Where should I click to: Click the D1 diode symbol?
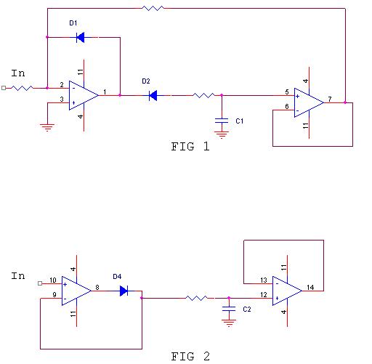[x=81, y=37]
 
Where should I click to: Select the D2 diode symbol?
[x=153, y=95]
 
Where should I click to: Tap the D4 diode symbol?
[x=124, y=291]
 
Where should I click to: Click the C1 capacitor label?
[x=239, y=121]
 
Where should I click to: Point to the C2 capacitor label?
[x=247, y=309]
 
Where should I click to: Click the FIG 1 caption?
[x=190, y=147]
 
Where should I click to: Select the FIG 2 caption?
[x=190, y=356]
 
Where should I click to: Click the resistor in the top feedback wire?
[x=153, y=9]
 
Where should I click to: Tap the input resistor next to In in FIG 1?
[x=22, y=88]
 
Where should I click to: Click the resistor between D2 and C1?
[x=203, y=95]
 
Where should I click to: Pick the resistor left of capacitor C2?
[x=196, y=298]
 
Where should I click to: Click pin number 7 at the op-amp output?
[x=330, y=99]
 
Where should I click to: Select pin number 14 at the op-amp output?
[x=310, y=287]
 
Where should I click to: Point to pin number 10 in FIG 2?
[x=53, y=280]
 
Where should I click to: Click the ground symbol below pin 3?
[x=47, y=127]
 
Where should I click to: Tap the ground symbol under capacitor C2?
[x=229, y=323]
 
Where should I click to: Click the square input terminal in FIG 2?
[x=40, y=283]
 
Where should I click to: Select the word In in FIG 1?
[x=18, y=73]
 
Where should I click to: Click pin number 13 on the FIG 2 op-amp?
[x=264, y=280]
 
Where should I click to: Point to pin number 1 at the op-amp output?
[x=105, y=92]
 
